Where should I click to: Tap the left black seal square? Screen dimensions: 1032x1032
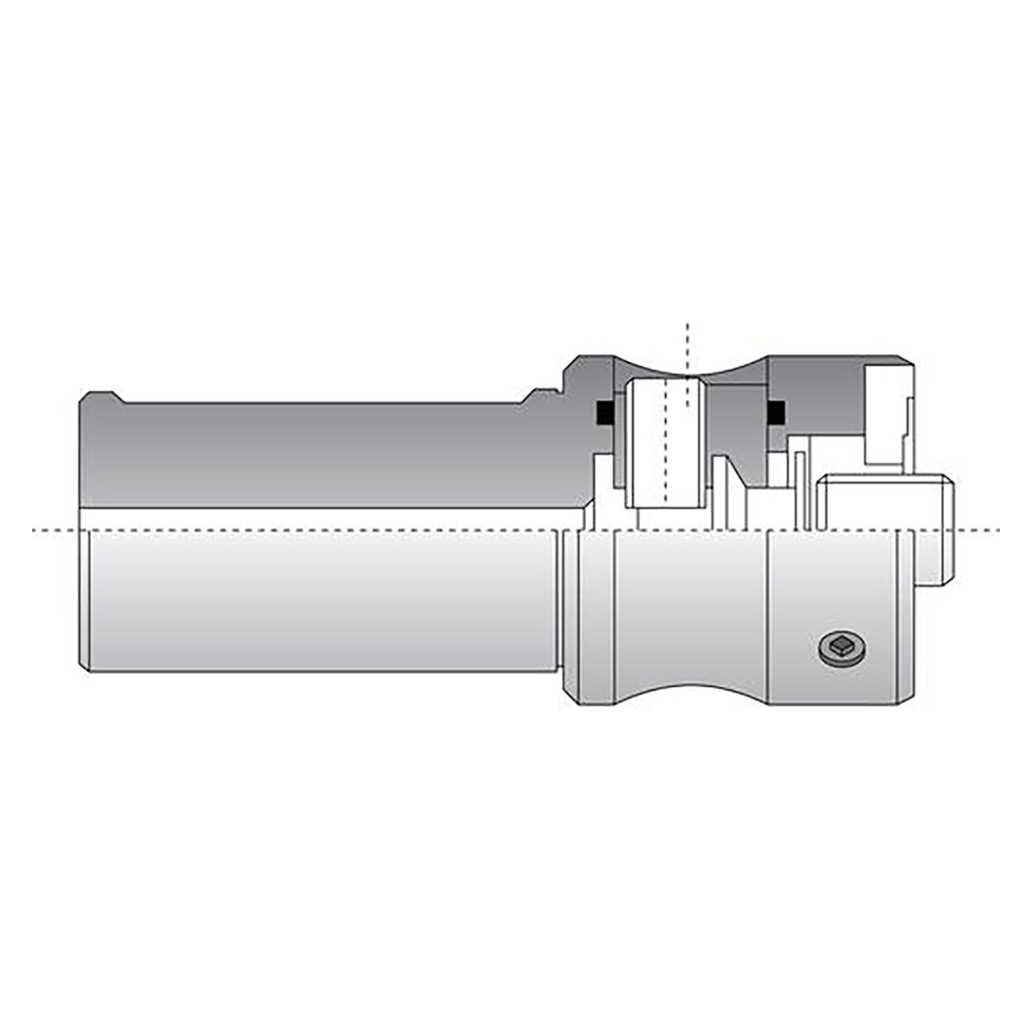click(602, 412)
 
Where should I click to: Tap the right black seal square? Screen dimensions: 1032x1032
click(775, 412)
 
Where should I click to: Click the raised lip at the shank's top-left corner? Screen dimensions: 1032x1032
click(100, 397)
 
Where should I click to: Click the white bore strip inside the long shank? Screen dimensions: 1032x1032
click(322, 519)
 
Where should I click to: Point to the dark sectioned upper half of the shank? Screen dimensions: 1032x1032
click(322, 451)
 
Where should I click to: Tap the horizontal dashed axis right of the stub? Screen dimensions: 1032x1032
click(980, 531)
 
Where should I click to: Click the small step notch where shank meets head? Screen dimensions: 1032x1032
click(540, 396)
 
